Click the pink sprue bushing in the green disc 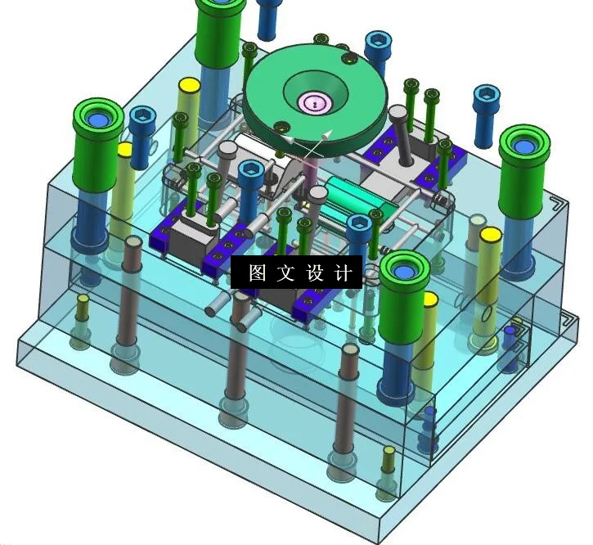click(x=315, y=103)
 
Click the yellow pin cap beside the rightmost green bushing click(x=490, y=236)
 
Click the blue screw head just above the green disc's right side click(x=377, y=43)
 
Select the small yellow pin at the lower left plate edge click(x=83, y=300)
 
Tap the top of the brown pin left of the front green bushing click(x=350, y=350)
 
